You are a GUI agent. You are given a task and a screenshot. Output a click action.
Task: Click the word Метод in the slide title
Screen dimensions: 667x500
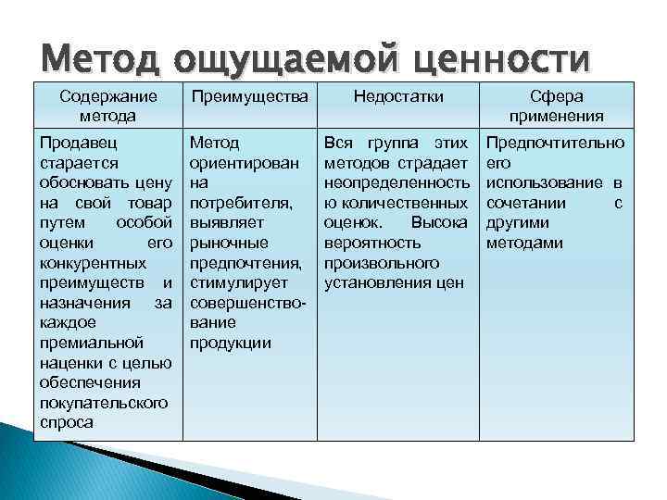coord(101,58)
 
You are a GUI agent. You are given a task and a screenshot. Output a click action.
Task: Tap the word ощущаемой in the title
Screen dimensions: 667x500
coord(286,60)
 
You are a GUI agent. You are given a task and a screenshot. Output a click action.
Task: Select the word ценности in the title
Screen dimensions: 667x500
coord(501,60)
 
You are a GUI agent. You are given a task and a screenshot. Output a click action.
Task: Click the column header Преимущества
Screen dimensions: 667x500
coord(250,97)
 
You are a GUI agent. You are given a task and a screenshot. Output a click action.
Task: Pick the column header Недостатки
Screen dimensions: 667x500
coord(398,96)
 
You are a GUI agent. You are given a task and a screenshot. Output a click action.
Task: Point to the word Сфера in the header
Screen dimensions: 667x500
coord(557,96)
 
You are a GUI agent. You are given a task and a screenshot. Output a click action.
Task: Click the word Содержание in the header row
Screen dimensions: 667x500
coord(108,97)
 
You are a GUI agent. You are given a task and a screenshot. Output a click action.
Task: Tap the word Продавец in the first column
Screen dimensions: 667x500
coord(78,143)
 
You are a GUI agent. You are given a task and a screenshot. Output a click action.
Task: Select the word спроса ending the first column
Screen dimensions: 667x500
coord(67,423)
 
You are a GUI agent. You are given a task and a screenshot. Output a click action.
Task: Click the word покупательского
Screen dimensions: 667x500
coord(104,403)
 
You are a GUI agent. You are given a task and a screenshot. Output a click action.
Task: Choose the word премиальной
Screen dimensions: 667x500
coord(92,344)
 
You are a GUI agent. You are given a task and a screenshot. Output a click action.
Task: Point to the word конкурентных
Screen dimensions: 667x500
coord(94,264)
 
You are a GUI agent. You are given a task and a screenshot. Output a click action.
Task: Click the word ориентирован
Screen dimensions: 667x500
coord(245,164)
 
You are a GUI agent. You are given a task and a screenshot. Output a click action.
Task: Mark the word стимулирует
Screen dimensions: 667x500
coord(239,283)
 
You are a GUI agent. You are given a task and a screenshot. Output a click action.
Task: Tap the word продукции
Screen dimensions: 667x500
coord(230,344)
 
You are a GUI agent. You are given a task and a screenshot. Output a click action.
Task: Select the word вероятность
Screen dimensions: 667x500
coord(372,244)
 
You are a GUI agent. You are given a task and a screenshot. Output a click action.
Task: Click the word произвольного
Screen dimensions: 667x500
coord(382,264)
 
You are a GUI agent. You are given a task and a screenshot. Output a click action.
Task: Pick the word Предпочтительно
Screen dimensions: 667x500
coord(555,144)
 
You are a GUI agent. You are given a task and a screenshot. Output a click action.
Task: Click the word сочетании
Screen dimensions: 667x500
coord(526,204)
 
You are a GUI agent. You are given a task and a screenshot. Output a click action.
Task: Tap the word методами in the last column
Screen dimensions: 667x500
coord(524,244)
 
